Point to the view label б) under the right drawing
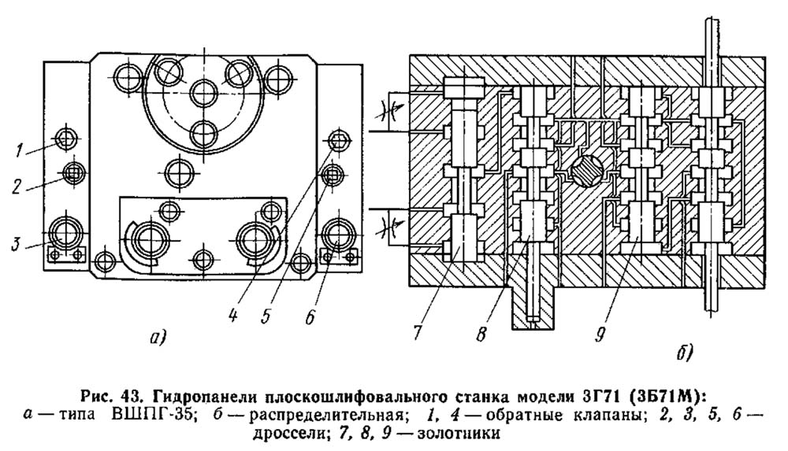(x=683, y=353)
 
